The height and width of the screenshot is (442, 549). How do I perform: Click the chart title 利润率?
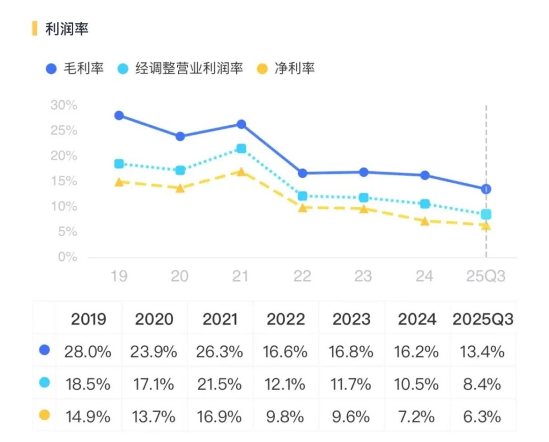coord(67,29)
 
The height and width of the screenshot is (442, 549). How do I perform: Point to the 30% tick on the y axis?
coord(64,105)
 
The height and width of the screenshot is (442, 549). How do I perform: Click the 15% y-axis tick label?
coord(64,181)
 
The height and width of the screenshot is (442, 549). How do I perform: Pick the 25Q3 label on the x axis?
coord(486,276)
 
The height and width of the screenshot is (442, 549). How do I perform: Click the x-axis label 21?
coord(240,276)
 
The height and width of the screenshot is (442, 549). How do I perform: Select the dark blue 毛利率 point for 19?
coord(119,116)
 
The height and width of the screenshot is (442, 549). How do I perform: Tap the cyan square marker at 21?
coord(241,149)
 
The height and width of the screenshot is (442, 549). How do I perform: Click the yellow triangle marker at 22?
coord(302,208)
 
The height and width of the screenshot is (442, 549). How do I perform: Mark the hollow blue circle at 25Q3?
coord(486,189)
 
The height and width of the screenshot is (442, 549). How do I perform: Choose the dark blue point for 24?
coord(425,175)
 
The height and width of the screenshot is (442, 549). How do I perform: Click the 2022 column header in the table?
coord(286,319)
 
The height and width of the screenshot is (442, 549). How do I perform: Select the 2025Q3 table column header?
coord(483,319)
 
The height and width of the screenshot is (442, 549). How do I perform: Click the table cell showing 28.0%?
coord(88,351)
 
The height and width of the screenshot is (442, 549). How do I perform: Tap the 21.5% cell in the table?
coord(220,384)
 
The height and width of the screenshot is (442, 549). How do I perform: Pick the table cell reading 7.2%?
coord(417,417)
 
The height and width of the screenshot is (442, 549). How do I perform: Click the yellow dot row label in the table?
coord(44,416)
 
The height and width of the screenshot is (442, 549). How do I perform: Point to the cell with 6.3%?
coord(482,417)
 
